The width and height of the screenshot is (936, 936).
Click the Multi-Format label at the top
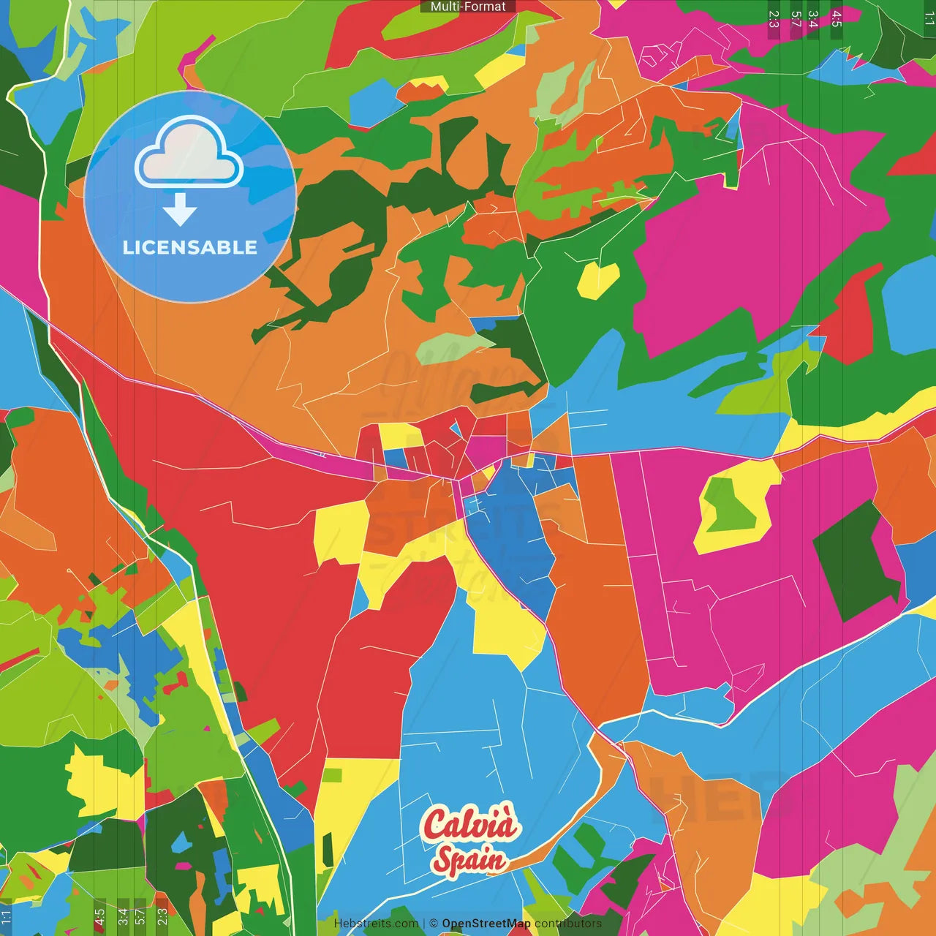(468, 7)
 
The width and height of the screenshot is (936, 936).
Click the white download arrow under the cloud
(180, 210)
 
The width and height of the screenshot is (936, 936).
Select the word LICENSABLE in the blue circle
(189, 247)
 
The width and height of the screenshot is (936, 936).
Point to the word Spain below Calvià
(469, 860)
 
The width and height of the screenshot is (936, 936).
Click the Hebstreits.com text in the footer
(376, 924)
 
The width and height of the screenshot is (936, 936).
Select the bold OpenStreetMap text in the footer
(486, 924)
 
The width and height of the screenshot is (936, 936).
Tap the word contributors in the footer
(567, 924)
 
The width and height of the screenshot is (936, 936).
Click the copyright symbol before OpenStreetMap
(434, 924)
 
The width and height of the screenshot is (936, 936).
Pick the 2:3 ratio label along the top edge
(774, 19)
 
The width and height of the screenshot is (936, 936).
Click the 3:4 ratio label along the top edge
(813, 19)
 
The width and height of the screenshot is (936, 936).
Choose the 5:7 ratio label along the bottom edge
(140, 916)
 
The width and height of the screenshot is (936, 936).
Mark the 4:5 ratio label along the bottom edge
(99, 916)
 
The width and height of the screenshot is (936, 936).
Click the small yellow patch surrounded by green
(598, 279)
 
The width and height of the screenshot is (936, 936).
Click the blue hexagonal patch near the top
(376, 103)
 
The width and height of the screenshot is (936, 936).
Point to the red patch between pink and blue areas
(848, 314)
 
